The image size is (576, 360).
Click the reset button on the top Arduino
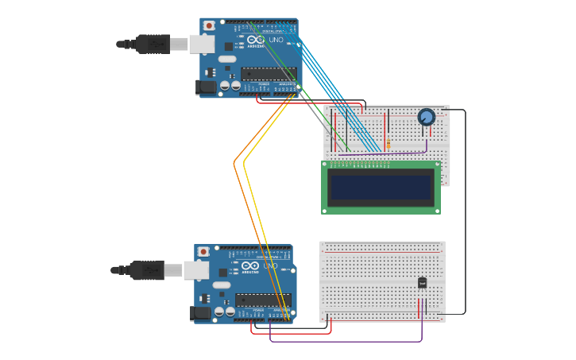(x=209, y=25)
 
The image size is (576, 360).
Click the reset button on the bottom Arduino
(x=203, y=252)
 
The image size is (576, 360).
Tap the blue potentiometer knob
(x=427, y=118)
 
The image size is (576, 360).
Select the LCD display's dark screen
(x=381, y=188)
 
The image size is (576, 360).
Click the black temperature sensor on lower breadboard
(x=422, y=282)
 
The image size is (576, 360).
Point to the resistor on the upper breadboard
(x=388, y=144)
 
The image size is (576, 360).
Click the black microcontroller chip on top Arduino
(x=269, y=74)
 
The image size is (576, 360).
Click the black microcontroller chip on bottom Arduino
(x=263, y=300)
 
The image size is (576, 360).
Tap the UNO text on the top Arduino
(x=276, y=40)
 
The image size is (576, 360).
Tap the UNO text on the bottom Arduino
(x=270, y=266)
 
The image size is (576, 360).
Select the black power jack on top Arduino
(x=206, y=87)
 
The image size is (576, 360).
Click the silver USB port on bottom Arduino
(x=196, y=271)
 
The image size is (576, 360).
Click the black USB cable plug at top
(x=153, y=44)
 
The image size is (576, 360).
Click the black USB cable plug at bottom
(x=147, y=271)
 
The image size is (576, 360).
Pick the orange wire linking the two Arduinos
(x=235, y=163)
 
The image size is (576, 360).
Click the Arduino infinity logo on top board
(x=256, y=40)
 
